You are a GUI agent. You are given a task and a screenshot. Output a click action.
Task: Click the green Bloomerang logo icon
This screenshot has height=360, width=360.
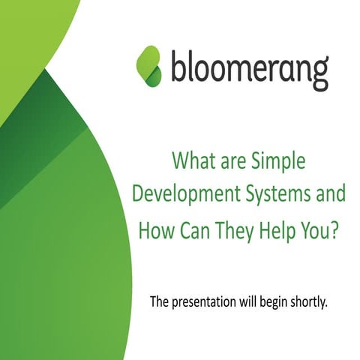point(148,65)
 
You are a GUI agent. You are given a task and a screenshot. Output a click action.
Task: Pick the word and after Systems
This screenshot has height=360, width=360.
point(331,193)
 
